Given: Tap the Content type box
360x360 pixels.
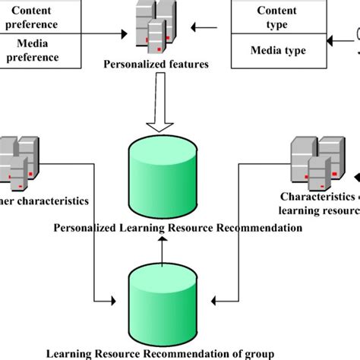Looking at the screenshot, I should coord(276,17).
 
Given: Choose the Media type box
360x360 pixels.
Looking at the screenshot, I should coord(276,51).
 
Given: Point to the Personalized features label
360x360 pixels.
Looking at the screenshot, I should coord(156,65).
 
